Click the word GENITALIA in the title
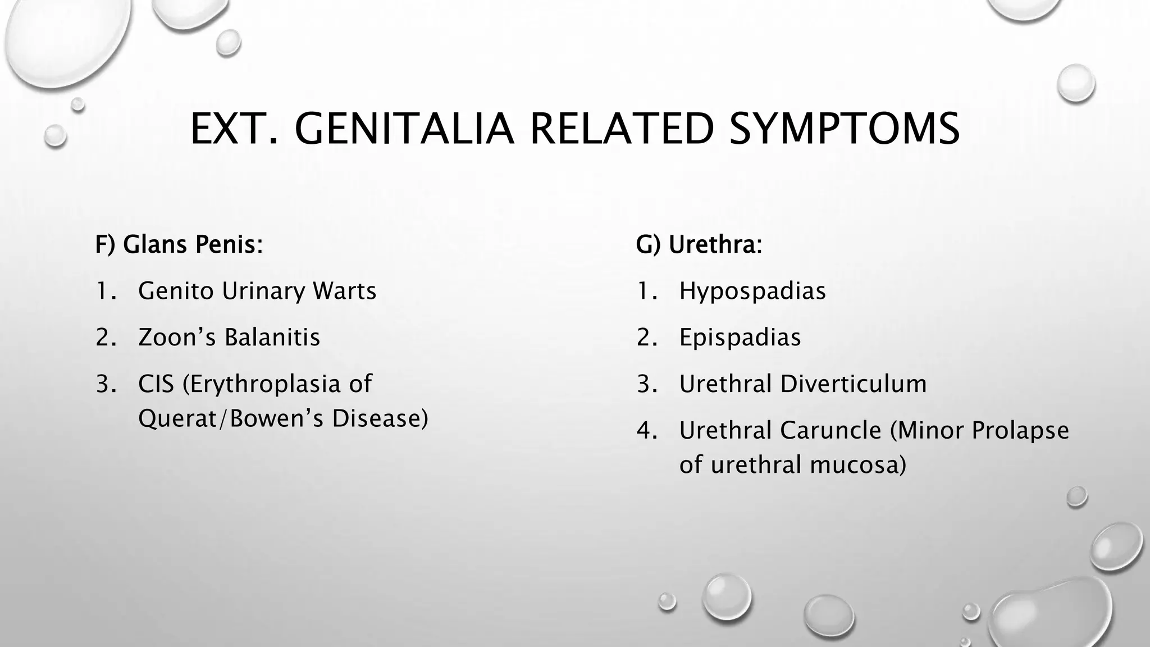(x=404, y=129)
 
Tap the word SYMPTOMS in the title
(x=845, y=129)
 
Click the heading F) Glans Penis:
(x=179, y=244)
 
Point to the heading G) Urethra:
(x=699, y=244)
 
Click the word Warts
(x=344, y=291)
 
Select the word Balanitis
(x=272, y=338)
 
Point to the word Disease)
(x=380, y=418)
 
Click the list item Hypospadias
(x=752, y=291)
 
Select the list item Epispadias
(x=740, y=338)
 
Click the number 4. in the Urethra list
(x=646, y=431)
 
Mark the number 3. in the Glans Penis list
(x=106, y=384)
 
